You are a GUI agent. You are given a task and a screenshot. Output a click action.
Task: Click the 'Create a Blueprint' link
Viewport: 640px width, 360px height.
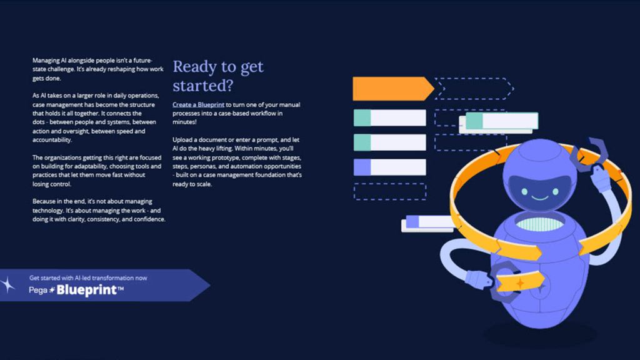[198, 105]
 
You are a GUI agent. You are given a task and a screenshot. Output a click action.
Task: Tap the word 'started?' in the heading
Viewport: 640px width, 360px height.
[203, 85]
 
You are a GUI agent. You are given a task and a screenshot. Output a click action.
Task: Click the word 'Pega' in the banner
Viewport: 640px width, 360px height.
[38, 291]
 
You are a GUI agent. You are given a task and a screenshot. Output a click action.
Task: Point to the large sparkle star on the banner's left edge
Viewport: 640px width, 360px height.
[9, 285]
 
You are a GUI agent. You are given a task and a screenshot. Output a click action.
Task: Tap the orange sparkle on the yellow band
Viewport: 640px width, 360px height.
[519, 284]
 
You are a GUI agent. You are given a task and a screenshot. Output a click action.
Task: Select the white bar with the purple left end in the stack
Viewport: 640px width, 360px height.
[389, 167]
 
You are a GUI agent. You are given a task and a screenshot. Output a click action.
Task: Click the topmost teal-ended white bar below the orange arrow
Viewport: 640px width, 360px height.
[389, 117]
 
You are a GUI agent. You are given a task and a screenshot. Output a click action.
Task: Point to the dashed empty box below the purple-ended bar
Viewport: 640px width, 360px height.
[389, 191]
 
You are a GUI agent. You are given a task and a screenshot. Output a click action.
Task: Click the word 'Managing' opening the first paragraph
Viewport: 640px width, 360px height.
[46, 60]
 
